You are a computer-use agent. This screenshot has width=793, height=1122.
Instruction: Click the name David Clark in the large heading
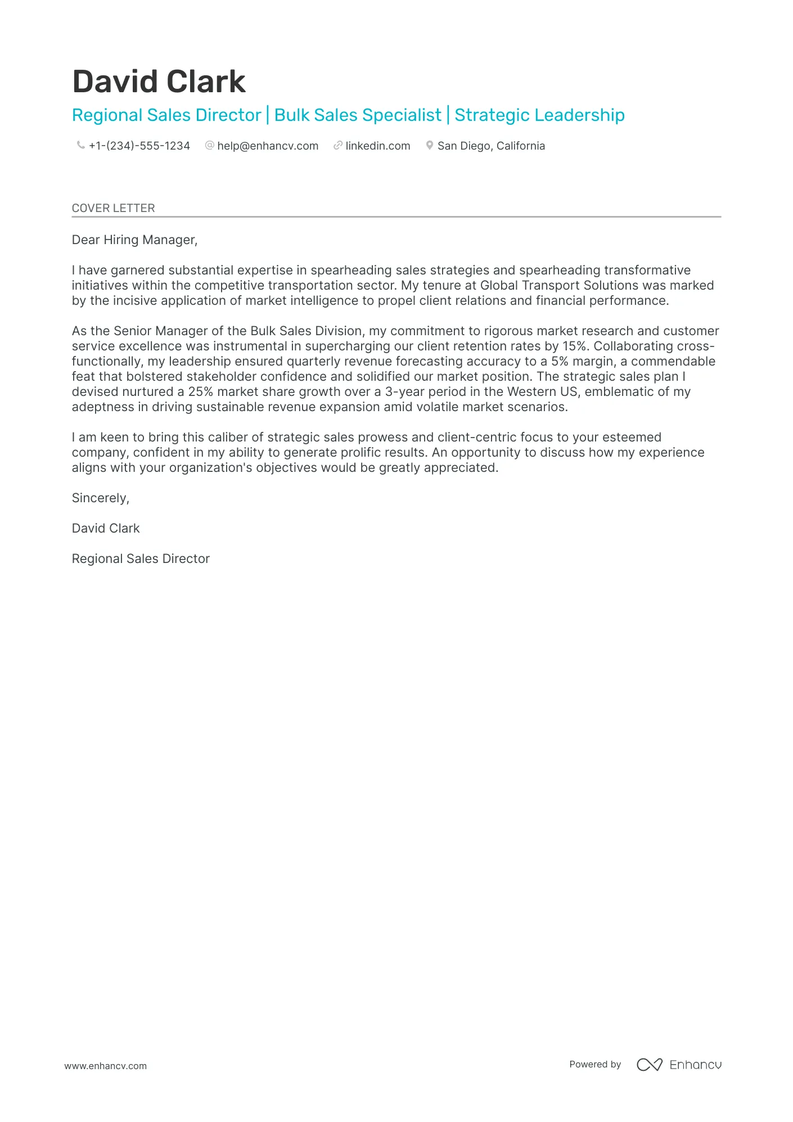pos(159,82)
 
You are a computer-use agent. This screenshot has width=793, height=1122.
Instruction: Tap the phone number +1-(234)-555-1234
pos(139,146)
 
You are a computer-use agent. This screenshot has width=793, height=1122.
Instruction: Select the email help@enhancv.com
pos(268,146)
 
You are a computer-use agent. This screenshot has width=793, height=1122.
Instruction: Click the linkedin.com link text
pos(377,146)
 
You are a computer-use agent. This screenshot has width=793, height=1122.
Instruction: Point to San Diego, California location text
pos(491,146)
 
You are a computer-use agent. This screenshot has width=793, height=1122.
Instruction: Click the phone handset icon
pos(80,145)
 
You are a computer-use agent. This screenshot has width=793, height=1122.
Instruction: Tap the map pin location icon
pos(429,145)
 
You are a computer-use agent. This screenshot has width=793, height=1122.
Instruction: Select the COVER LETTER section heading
pos(113,208)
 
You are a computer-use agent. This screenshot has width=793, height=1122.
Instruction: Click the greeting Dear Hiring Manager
pos(134,240)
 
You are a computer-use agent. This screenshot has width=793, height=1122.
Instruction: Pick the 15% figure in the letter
pos(574,346)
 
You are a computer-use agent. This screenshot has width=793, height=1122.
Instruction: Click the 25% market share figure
pos(200,391)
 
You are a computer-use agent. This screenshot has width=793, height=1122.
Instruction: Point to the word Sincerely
pos(100,498)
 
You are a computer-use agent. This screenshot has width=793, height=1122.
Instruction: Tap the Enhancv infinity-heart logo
pos(649,1065)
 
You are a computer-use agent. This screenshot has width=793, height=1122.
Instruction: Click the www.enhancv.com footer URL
pos(105,1066)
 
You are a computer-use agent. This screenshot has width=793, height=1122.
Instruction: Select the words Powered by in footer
pos(594,1064)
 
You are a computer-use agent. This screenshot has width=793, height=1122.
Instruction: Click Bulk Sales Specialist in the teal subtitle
pos(358,115)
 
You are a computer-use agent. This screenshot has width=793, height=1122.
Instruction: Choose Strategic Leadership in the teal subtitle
pos(539,115)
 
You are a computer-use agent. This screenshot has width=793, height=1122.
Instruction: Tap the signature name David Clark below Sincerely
pos(106,528)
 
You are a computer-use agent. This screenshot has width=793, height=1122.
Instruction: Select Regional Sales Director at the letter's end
pos(141,558)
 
